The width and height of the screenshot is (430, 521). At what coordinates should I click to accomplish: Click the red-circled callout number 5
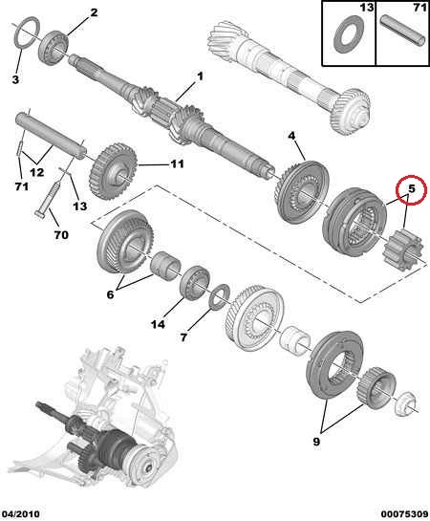[412, 189]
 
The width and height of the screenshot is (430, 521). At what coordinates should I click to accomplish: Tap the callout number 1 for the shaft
[200, 76]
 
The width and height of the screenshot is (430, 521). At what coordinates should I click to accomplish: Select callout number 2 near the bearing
[94, 13]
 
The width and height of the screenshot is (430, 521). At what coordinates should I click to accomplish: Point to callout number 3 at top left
[15, 79]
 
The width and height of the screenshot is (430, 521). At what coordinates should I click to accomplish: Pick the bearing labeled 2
[54, 48]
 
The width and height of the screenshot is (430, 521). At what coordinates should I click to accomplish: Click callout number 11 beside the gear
[177, 163]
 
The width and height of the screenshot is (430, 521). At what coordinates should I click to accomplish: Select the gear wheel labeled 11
[113, 171]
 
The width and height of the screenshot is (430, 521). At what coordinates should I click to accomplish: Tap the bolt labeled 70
[47, 199]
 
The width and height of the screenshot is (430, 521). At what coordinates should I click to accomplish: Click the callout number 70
[61, 235]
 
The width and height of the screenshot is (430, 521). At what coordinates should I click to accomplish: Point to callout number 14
[158, 324]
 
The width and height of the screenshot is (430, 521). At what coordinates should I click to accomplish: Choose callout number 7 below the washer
[183, 337]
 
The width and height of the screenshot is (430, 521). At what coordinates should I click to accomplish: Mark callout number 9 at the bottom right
[316, 442]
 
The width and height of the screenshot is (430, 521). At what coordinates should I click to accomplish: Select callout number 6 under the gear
[110, 294]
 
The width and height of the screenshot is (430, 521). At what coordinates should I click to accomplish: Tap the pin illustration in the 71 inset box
[403, 31]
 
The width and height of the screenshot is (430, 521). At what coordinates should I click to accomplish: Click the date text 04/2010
[20, 514]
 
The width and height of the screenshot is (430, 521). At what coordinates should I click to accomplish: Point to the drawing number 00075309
[404, 514]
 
